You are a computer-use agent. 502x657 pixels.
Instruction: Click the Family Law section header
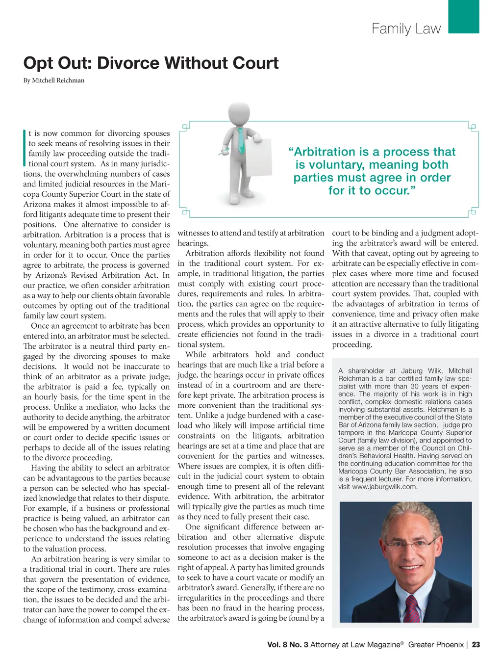tap(406, 28)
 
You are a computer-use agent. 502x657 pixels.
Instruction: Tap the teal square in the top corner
tap(463, 16)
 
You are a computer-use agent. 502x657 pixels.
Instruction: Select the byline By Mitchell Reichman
tap(54, 80)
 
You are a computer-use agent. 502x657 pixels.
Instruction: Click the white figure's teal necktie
tap(241, 141)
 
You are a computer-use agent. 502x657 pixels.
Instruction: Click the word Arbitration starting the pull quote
tap(324, 152)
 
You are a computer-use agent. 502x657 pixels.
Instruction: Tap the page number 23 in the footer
tap(476, 645)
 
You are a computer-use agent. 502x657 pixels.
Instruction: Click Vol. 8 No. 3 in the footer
tap(288, 645)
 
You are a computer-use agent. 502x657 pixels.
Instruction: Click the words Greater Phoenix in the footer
tap(436, 645)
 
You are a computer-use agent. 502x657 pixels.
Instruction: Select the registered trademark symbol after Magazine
tap(402, 643)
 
